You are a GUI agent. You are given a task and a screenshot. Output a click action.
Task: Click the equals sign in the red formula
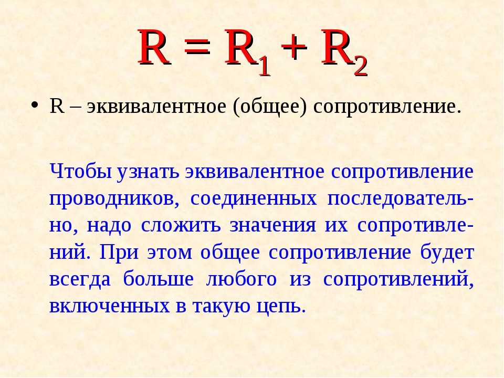(x=198, y=48)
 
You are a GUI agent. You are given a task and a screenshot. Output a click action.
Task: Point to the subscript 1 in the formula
(x=264, y=67)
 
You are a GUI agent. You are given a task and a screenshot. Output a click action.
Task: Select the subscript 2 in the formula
(x=360, y=67)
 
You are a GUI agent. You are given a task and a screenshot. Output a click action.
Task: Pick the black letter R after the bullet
(x=57, y=106)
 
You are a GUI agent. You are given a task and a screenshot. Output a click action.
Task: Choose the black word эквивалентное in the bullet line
(x=156, y=107)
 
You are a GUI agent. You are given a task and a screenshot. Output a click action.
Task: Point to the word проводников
(x=114, y=199)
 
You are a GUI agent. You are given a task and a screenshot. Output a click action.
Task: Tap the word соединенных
(x=254, y=199)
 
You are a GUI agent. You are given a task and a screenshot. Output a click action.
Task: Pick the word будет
(x=447, y=253)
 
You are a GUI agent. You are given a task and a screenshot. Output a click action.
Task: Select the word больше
(x=159, y=279)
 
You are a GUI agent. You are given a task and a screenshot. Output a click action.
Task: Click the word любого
(x=241, y=279)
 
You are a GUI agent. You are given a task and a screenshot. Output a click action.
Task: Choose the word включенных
(x=109, y=307)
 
